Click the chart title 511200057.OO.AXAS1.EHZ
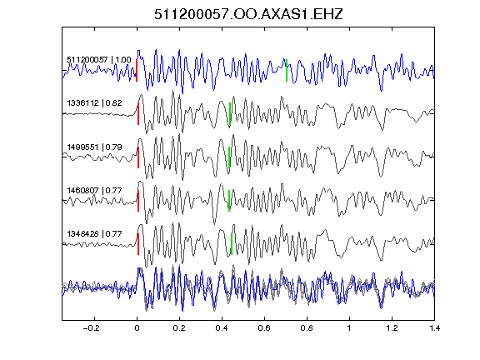(248, 14)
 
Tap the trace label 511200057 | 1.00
(99, 59)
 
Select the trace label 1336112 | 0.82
(95, 102)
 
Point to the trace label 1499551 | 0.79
(95, 147)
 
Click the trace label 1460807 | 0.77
(95, 190)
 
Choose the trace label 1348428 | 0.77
(95, 234)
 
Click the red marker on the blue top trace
(137, 70)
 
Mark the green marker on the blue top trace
(287, 70)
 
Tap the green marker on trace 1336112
(230, 113)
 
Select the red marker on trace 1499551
(138, 157)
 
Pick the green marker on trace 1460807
(229, 201)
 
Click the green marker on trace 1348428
(232, 244)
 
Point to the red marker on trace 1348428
(138, 244)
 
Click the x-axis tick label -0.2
(91, 328)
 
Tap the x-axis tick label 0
(137, 328)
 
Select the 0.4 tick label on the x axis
(222, 328)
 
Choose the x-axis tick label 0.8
(307, 328)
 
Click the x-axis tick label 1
(349, 328)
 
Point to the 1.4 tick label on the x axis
(434, 328)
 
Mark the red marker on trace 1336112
(138, 113)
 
